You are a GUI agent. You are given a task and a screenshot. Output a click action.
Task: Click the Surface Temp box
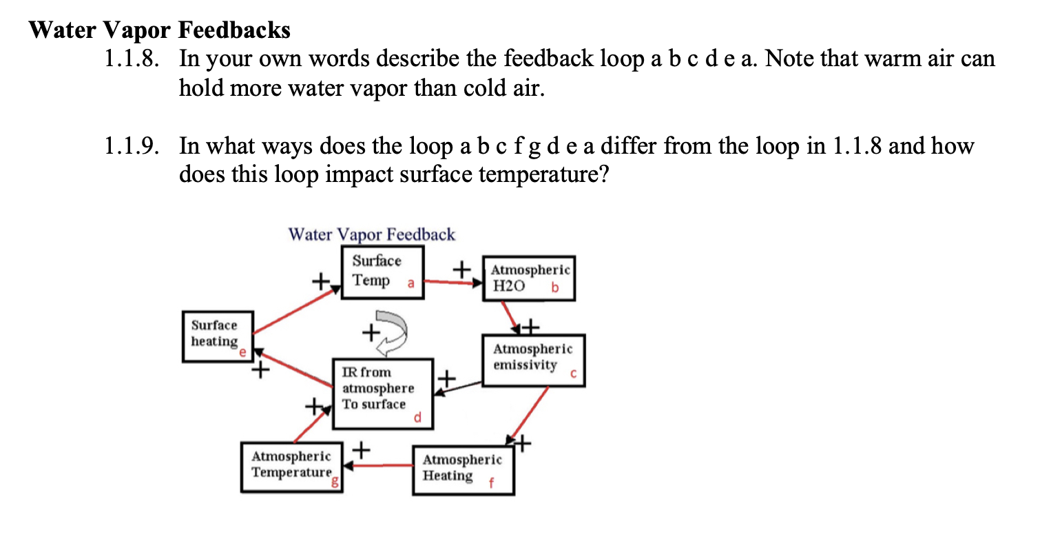[383, 272]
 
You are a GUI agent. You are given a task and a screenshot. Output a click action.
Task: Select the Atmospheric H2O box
[529, 278]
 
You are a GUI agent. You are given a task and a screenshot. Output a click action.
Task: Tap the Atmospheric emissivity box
[534, 360]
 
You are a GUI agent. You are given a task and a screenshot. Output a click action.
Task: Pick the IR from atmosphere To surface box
[383, 394]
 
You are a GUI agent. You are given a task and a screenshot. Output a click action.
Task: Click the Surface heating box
[218, 336]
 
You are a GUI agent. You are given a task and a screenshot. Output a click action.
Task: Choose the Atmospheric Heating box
[464, 470]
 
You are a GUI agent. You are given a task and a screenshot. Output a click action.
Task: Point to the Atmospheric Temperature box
[292, 467]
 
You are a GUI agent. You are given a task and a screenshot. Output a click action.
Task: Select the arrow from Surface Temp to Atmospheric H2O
[453, 283]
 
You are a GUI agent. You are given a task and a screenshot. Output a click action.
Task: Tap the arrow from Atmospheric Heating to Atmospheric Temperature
[378, 465]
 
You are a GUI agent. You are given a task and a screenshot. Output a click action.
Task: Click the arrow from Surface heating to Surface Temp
[297, 309]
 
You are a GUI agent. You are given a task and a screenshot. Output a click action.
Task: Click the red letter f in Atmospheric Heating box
[491, 483]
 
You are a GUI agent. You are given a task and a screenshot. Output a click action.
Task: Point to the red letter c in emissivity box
[573, 374]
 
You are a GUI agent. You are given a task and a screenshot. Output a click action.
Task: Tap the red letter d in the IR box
[417, 417]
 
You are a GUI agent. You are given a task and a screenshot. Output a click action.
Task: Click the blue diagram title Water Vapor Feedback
[372, 234]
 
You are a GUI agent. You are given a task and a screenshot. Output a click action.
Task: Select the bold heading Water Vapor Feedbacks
[159, 30]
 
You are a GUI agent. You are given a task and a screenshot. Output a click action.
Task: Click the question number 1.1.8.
[132, 59]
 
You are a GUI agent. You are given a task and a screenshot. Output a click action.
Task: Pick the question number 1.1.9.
[132, 145]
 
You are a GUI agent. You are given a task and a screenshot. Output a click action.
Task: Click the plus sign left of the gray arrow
[371, 332]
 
